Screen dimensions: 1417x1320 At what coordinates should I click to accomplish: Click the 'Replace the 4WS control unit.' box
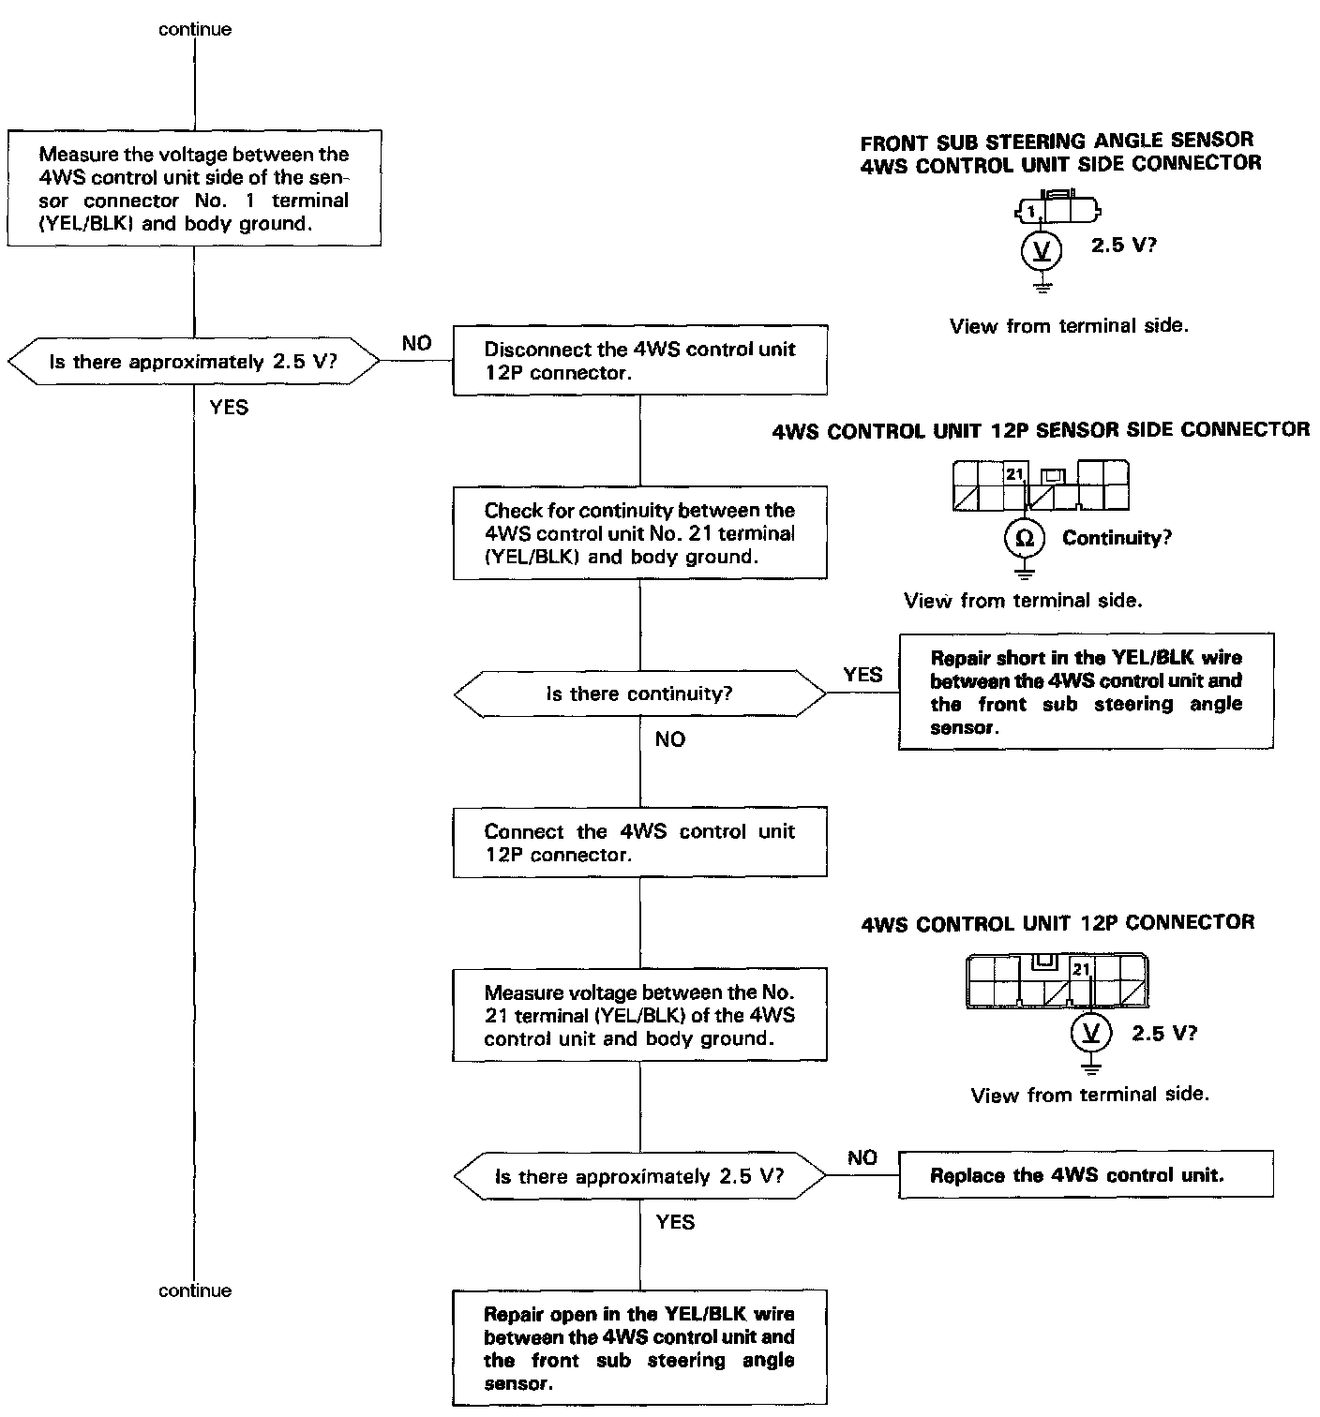point(1086,1175)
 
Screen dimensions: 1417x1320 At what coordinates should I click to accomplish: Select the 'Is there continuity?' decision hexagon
point(639,694)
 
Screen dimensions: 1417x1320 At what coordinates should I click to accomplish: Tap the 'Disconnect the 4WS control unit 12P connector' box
point(639,360)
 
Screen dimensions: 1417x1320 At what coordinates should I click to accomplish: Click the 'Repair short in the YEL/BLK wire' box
point(1086,693)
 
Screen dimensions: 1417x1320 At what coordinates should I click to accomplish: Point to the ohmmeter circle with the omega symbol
point(1025,538)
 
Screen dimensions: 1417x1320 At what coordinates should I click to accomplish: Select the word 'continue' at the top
point(195,29)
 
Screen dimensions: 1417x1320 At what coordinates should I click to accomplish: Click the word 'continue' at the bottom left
point(195,1290)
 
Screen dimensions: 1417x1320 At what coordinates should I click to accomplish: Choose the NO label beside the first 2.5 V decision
point(416,344)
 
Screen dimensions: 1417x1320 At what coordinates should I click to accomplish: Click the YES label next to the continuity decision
point(862,675)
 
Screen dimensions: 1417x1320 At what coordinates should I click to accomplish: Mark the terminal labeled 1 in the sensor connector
point(1031,211)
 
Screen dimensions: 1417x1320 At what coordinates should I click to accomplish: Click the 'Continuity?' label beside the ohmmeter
point(1117,538)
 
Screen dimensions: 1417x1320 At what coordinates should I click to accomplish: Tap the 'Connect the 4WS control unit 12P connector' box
point(639,843)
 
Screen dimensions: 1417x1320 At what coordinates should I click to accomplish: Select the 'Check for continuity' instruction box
point(639,532)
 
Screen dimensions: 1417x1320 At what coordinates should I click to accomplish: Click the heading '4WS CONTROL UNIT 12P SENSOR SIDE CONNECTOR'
point(1041,430)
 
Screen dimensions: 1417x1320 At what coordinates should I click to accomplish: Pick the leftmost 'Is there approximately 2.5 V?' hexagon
point(194,362)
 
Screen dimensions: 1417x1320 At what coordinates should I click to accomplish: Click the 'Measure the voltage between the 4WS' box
point(194,188)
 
